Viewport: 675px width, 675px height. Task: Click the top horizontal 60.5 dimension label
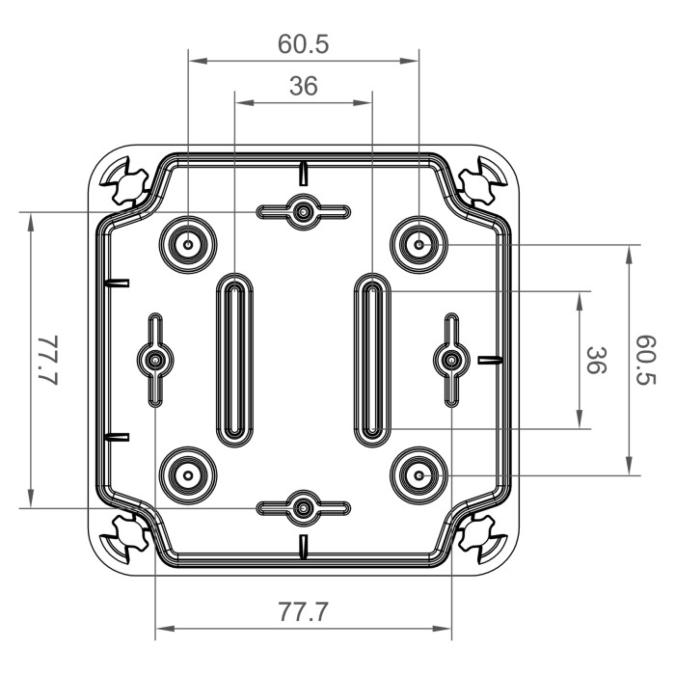[x=303, y=44]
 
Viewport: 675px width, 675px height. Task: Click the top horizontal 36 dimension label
[x=303, y=87]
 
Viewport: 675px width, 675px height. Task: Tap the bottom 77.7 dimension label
[x=303, y=612]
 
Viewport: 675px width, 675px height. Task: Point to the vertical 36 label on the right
[x=597, y=360]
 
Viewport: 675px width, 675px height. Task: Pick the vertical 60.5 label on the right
[x=645, y=360]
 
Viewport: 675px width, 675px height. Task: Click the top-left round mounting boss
[x=185, y=245]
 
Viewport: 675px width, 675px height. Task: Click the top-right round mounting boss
[x=419, y=245]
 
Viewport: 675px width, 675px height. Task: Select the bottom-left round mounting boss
[x=185, y=474]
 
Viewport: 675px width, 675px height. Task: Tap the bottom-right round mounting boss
[x=419, y=474]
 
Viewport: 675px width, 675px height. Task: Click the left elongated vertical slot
[x=234, y=360]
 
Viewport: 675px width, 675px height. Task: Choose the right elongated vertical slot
[x=371, y=360]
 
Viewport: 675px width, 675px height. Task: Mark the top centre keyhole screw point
[x=303, y=211]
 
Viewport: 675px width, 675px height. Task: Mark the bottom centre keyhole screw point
[x=303, y=507]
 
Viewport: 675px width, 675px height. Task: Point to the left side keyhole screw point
[x=154, y=360]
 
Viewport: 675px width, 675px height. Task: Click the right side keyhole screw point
[x=450, y=360]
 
